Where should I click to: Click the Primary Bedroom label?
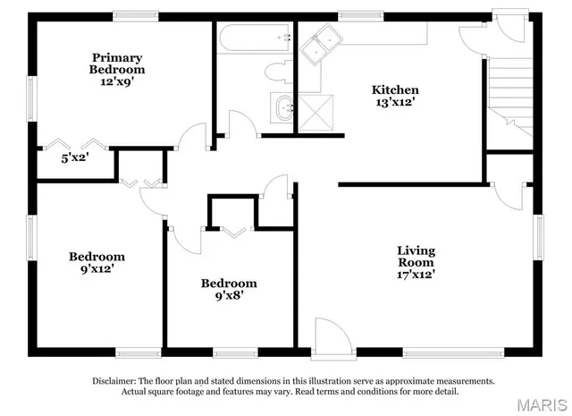[116, 62]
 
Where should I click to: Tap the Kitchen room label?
[396, 90]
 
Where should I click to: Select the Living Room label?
[416, 257]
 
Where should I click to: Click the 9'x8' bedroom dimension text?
[230, 295]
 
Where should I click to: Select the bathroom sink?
[285, 108]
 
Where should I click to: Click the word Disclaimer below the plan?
[114, 381]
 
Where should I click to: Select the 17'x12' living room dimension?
[416, 276]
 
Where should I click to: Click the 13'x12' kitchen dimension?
[396, 103]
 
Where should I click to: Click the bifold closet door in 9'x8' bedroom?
[232, 233]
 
